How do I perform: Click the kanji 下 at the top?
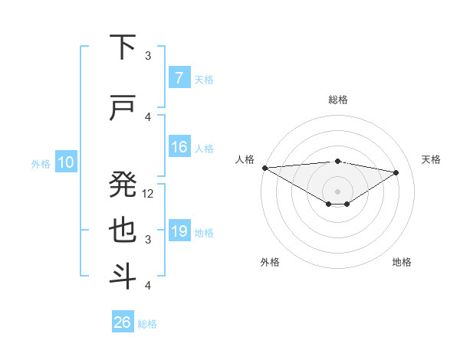click(x=123, y=47)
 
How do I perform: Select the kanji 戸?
click(x=123, y=109)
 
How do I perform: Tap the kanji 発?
click(x=123, y=183)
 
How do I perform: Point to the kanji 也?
click(x=123, y=231)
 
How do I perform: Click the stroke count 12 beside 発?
click(x=149, y=194)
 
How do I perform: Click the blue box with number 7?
click(x=179, y=77)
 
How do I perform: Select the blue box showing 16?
click(x=179, y=147)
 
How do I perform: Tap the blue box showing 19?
click(x=179, y=231)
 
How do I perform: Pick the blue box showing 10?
click(x=65, y=162)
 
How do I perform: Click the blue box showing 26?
click(x=123, y=322)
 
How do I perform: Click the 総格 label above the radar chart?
click(x=337, y=100)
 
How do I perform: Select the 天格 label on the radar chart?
click(x=431, y=159)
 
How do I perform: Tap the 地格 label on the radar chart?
click(x=402, y=262)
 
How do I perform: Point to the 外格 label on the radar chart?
click(x=270, y=262)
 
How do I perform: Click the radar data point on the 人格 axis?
click(x=264, y=168)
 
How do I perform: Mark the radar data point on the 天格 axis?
click(x=396, y=172)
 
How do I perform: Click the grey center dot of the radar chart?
click(x=337, y=191)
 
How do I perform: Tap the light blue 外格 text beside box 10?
click(x=40, y=163)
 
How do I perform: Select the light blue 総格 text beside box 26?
click(x=147, y=323)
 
